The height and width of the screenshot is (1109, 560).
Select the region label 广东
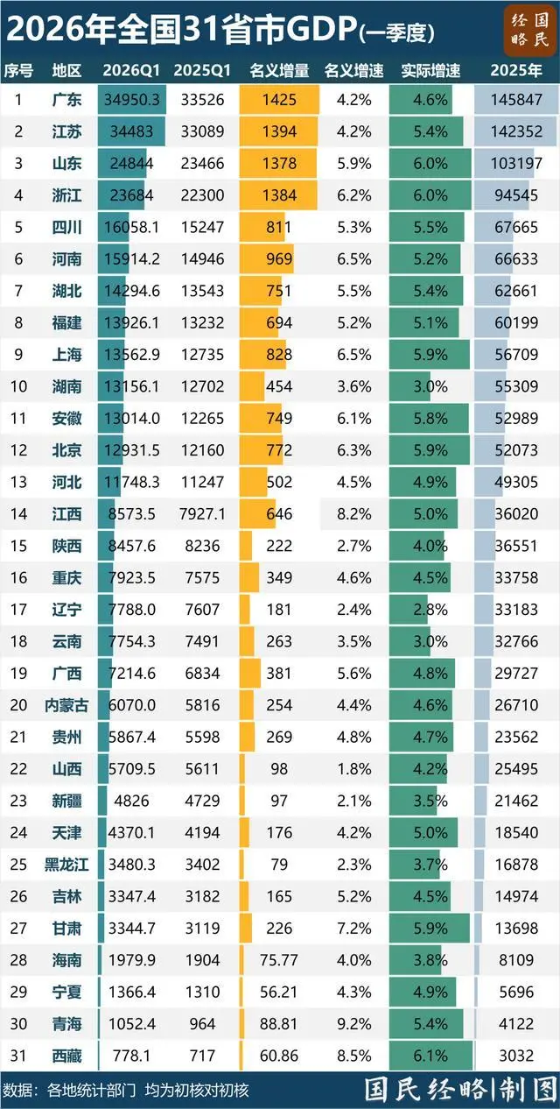(67, 100)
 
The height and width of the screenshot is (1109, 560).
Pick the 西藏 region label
(67, 1054)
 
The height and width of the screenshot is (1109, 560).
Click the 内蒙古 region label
(67, 704)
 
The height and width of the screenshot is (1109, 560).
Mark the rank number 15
(17, 546)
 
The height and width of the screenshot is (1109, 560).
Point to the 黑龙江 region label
(67, 863)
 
